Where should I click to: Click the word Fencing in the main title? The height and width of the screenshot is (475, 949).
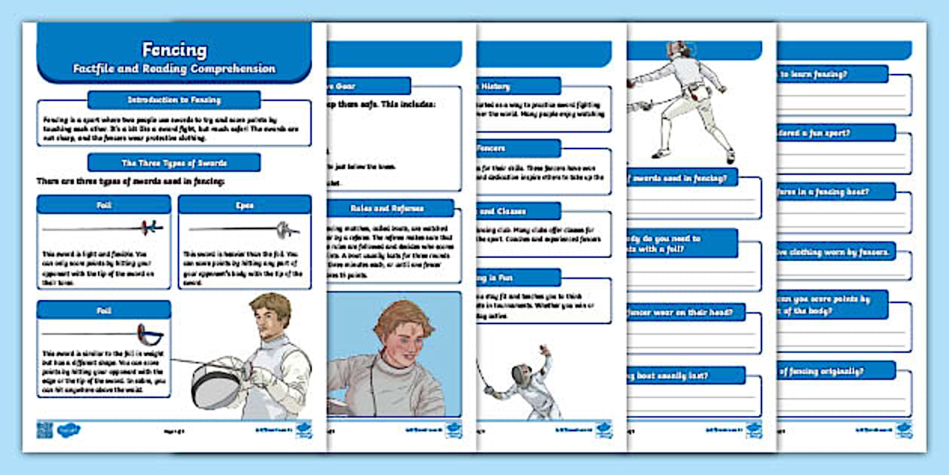tap(174, 50)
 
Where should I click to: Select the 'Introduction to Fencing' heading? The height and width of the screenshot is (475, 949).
tap(174, 100)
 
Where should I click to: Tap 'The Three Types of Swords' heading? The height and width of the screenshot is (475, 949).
tap(174, 162)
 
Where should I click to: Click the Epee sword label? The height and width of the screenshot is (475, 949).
tap(244, 204)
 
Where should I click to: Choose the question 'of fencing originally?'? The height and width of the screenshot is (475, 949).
tap(833, 370)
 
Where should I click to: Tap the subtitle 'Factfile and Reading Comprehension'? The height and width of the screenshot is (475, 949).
tap(174, 69)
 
